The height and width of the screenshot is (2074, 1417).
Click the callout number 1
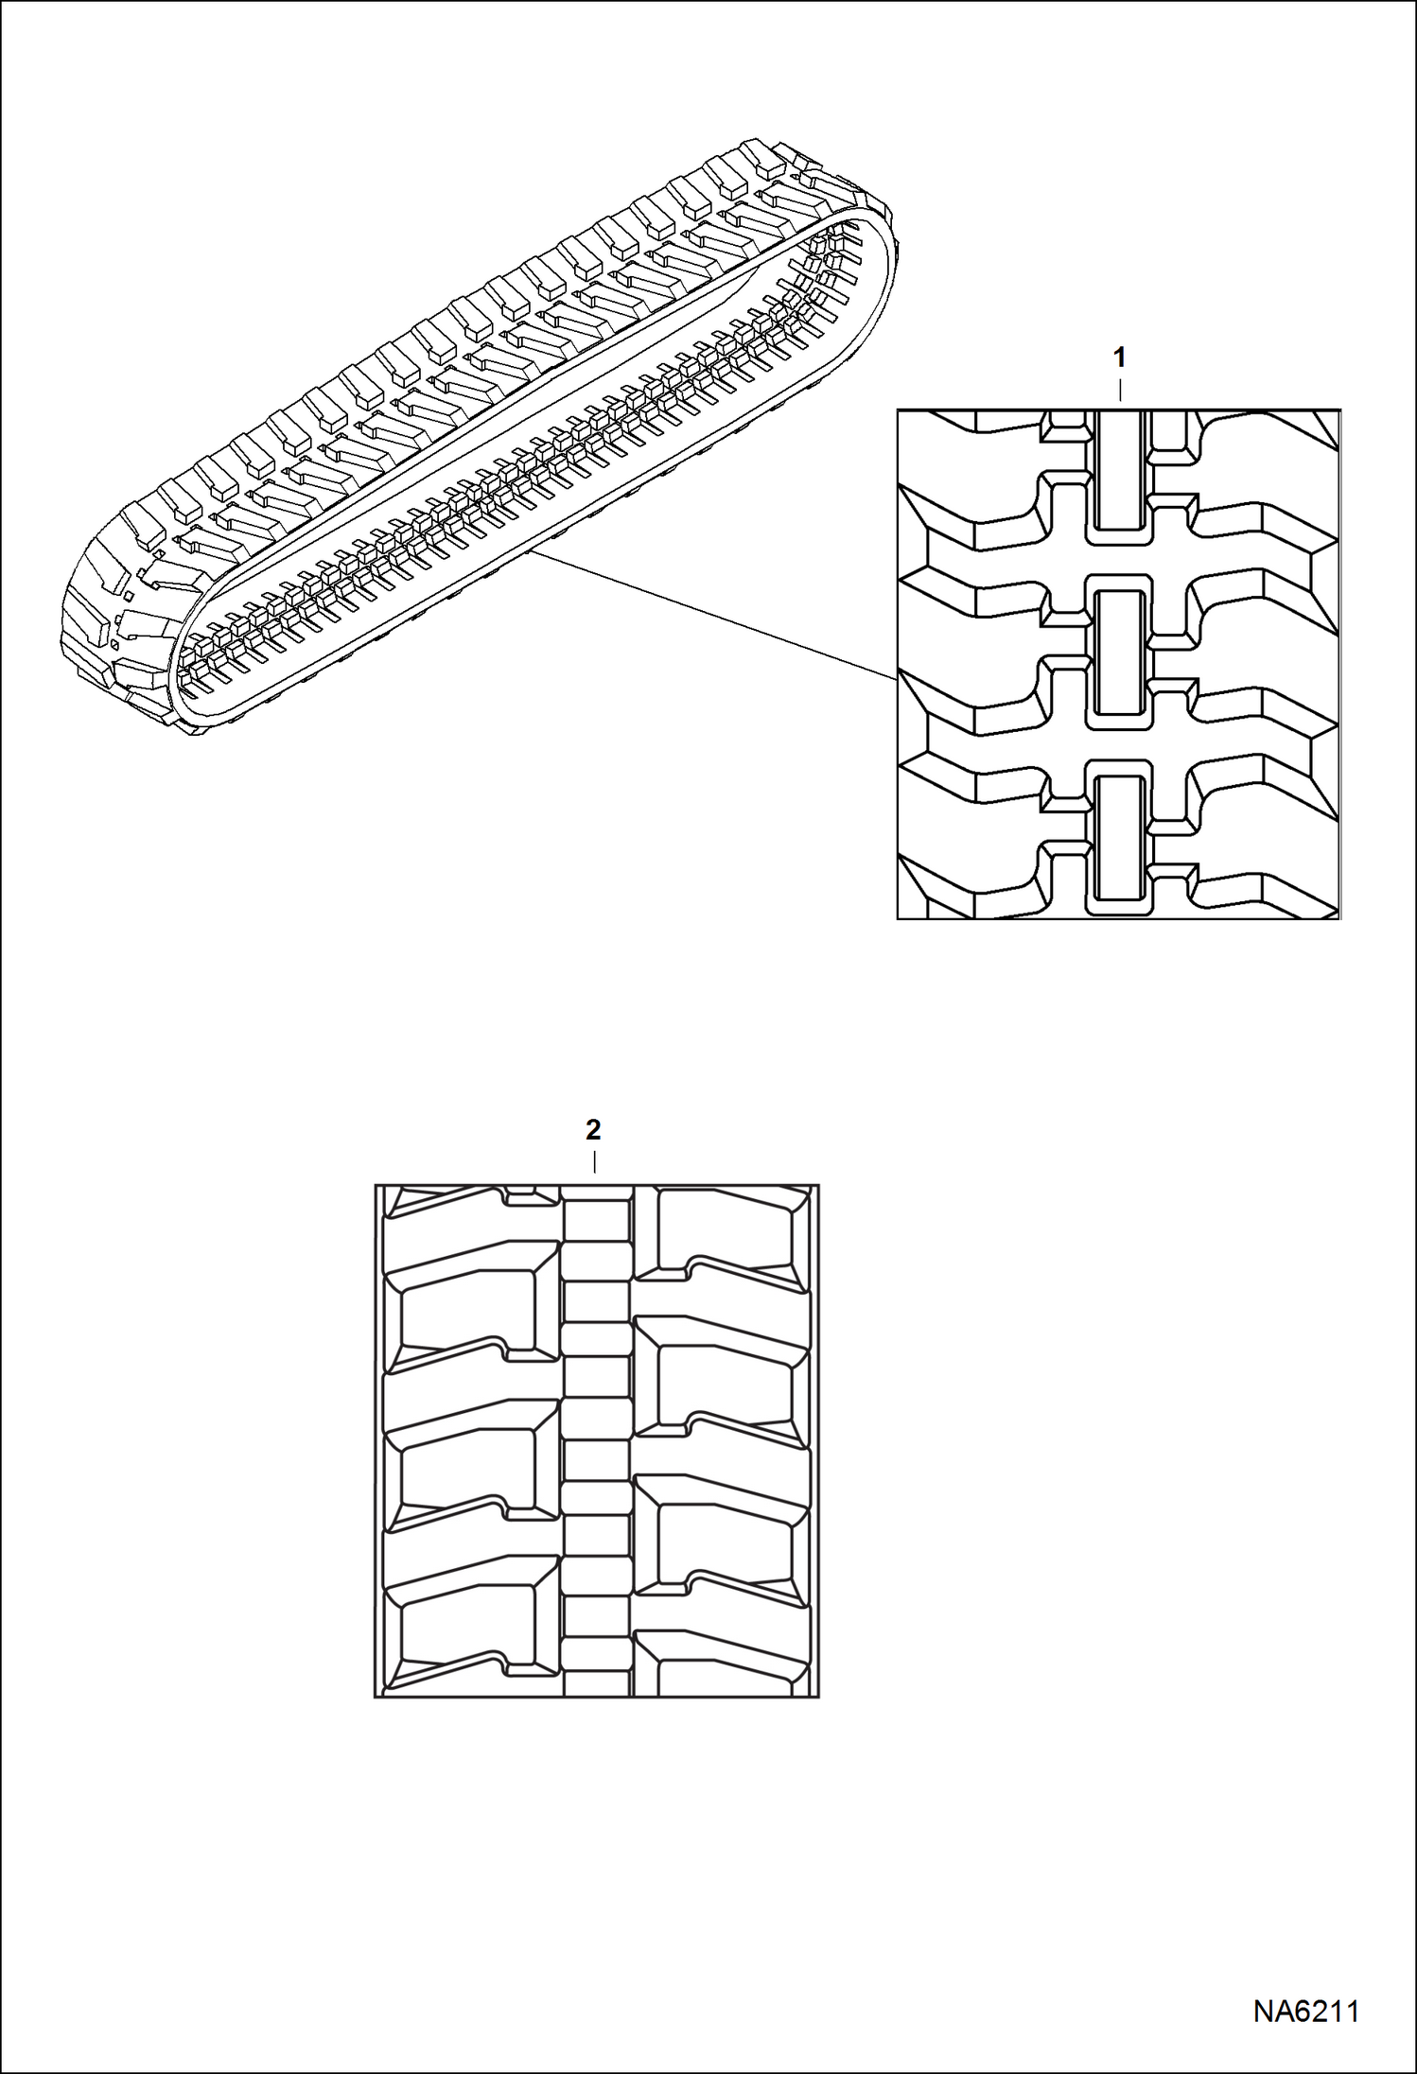click(1120, 358)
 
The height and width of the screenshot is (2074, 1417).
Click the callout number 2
click(593, 1129)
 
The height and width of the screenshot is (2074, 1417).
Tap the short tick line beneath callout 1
click(1120, 390)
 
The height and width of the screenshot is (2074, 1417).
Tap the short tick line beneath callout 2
click(594, 1161)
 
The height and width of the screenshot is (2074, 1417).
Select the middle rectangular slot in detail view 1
click(1119, 652)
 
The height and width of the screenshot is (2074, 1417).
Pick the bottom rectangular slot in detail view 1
click(1119, 837)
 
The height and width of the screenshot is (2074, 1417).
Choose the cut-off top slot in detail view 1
click(1119, 469)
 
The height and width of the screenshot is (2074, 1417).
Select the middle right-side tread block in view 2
click(725, 1386)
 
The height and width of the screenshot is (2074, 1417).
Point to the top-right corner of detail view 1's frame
click(1339, 410)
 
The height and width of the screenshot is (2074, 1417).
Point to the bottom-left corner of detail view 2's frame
click(376, 1696)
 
